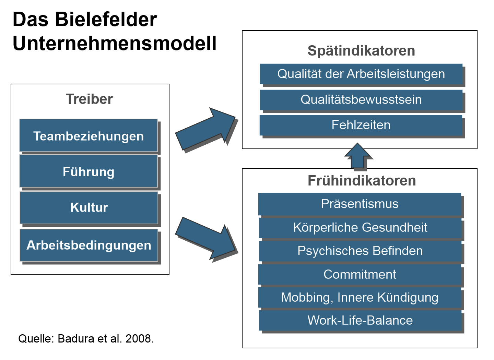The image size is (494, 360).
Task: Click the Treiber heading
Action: (x=89, y=99)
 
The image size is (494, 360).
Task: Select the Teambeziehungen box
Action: (x=89, y=136)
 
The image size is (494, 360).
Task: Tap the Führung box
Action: (x=89, y=171)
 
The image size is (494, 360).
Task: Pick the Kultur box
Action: (x=89, y=207)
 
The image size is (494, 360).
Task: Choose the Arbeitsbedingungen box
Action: (x=89, y=245)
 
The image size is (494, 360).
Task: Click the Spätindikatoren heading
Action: (x=361, y=51)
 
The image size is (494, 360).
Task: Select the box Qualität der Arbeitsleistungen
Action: (x=361, y=74)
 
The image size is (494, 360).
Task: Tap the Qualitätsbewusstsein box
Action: (x=361, y=100)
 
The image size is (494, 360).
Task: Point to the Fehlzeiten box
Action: (x=361, y=125)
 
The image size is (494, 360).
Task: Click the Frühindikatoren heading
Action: (x=362, y=181)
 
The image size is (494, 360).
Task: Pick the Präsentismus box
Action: (x=360, y=204)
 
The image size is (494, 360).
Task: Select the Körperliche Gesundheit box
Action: (x=360, y=228)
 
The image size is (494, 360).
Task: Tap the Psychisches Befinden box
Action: (x=360, y=251)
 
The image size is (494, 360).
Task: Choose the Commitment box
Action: (x=360, y=275)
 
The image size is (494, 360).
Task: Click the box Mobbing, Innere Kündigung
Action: (x=360, y=298)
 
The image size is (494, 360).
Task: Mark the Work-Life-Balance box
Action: (x=360, y=321)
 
